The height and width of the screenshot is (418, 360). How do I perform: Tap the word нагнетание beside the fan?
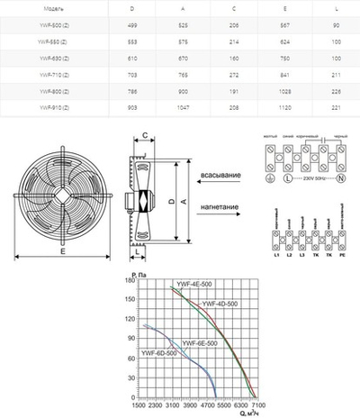coord(219,206)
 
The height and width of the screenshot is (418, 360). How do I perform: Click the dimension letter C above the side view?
coord(145,136)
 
